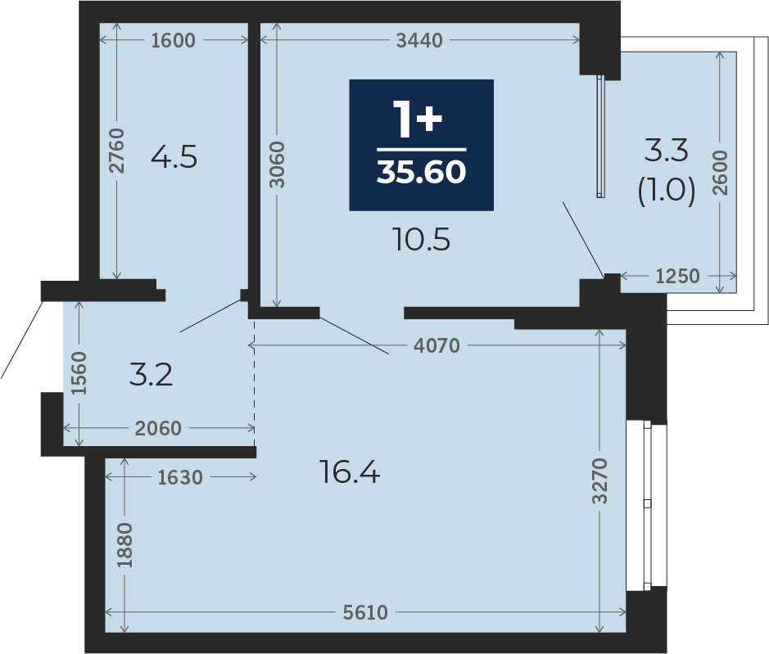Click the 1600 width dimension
coord(173,40)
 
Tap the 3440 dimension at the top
coord(419,40)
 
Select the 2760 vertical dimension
coord(117,151)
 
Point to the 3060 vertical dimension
coord(277,165)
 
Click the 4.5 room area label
coord(174,157)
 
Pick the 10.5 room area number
coord(422,240)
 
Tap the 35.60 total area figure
coord(421,172)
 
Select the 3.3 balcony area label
coord(666,150)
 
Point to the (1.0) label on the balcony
coord(667,190)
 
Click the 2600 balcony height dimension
coord(720,173)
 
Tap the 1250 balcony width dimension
coord(678,277)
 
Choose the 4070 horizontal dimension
coord(437,345)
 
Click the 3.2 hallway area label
coord(151,375)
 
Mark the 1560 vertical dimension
coord(79,373)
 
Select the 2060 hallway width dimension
coord(158,428)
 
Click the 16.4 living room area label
coord(350,472)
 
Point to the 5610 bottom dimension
coord(365,612)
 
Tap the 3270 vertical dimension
coord(599,481)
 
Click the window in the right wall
coord(647,505)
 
